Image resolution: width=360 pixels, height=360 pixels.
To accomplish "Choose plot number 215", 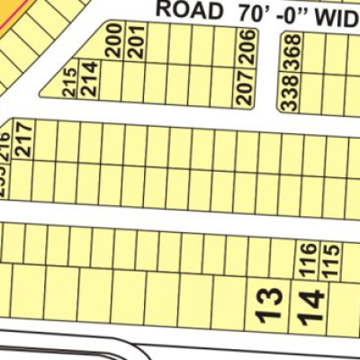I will coord(70,85).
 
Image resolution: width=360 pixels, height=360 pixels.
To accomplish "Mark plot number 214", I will coord(88,84).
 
